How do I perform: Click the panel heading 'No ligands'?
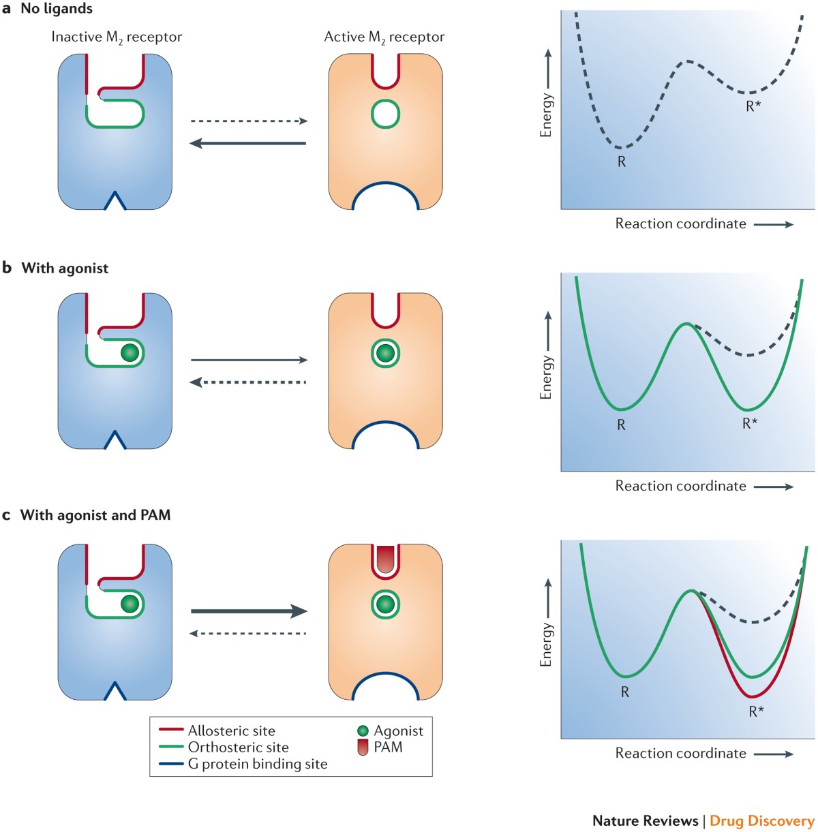click(x=57, y=9)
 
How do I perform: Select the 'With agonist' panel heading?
click(x=65, y=268)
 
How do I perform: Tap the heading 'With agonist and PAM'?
click(x=95, y=515)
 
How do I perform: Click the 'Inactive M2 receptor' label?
click(x=117, y=37)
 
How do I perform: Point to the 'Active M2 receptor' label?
click(x=384, y=37)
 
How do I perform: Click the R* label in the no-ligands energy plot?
click(x=753, y=106)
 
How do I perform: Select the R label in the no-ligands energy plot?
click(x=622, y=162)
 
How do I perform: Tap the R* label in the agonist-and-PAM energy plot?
click(x=756, y=711)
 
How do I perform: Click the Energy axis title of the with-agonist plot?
click(x=546, y=377)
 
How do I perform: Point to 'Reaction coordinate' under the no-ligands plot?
click(x=680, y=224)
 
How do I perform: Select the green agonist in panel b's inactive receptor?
click(x=130, y=353)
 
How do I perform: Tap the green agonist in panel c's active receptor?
click(x=385, y=604)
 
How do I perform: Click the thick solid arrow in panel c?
click(x=249, y=611)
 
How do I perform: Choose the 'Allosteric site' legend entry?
click(x=232, y=731)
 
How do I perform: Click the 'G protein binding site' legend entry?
click(x=258, y=764)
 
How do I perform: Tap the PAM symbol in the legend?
click(x=363, y=748)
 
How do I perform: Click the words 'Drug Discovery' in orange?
click(x=761, y=820)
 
